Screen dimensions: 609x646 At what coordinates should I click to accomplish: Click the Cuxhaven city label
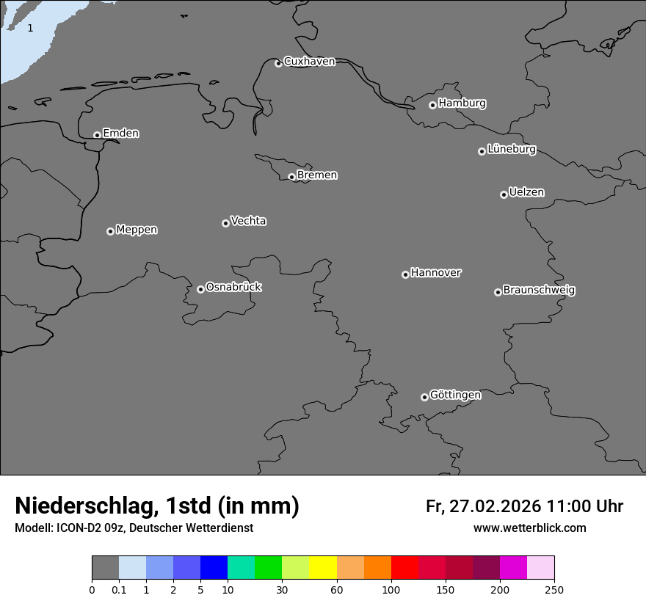(309, 61)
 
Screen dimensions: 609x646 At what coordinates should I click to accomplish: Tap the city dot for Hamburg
(432, 105)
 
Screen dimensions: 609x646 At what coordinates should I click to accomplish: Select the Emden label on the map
(120, 133)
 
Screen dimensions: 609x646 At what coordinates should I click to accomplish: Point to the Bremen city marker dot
(291, 177)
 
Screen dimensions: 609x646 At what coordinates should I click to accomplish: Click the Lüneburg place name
(511, 149)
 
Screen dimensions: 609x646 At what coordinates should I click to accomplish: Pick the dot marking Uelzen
(504, 194)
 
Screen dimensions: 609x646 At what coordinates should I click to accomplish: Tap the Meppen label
(137, 230)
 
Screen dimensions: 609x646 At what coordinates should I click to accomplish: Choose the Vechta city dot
(225, 223)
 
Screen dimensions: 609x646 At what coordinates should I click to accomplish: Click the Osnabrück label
(233, 287)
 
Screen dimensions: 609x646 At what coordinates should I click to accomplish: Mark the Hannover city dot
(405, 274)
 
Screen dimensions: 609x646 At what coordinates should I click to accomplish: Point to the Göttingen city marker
(424, 397)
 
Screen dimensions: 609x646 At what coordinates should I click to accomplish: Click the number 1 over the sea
(30, 28)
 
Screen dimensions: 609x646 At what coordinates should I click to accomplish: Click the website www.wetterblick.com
(529, 528)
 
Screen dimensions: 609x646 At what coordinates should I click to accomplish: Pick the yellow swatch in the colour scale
(323, 568)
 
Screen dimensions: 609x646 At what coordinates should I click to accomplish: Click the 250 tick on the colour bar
(554, 589)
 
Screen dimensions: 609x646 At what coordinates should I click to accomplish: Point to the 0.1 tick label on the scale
(119, 589)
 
